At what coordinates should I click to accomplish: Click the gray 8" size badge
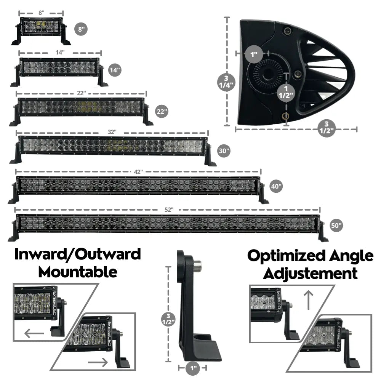coord(81,29)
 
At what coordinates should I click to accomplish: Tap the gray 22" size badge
coord(161,112)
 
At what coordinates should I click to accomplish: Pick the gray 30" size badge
coord(224,151)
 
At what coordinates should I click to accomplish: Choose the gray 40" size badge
coord(276,186)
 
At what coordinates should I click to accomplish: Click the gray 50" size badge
coord(336,225)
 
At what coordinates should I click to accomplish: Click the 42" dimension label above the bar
coord(138,171)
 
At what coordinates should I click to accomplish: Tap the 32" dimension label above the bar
coord(112,131)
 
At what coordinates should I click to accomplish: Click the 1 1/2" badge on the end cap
coord(286,91)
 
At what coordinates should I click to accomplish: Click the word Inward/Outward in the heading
coord(78,254)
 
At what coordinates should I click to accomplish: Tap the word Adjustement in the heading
coord(311,273)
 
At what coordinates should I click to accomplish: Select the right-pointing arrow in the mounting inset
coord(98,361)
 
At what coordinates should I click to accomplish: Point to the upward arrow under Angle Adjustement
coord(309,300)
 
